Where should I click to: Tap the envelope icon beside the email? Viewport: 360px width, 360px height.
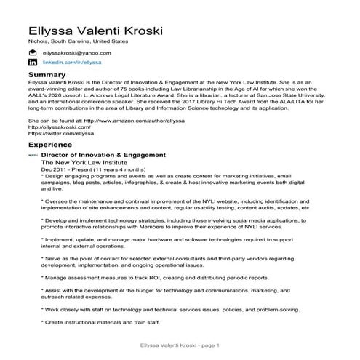tap(32, 53)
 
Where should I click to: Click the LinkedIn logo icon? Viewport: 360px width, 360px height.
tap(32, 64)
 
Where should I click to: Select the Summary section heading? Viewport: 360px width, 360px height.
tap(47, 75)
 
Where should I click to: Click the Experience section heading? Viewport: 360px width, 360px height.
tap(51, 145)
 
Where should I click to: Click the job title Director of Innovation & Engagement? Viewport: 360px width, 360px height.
tap(104, 155)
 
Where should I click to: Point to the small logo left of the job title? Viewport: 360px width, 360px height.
tap(31, 156)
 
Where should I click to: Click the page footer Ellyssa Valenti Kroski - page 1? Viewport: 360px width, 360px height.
tap(179, 344)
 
